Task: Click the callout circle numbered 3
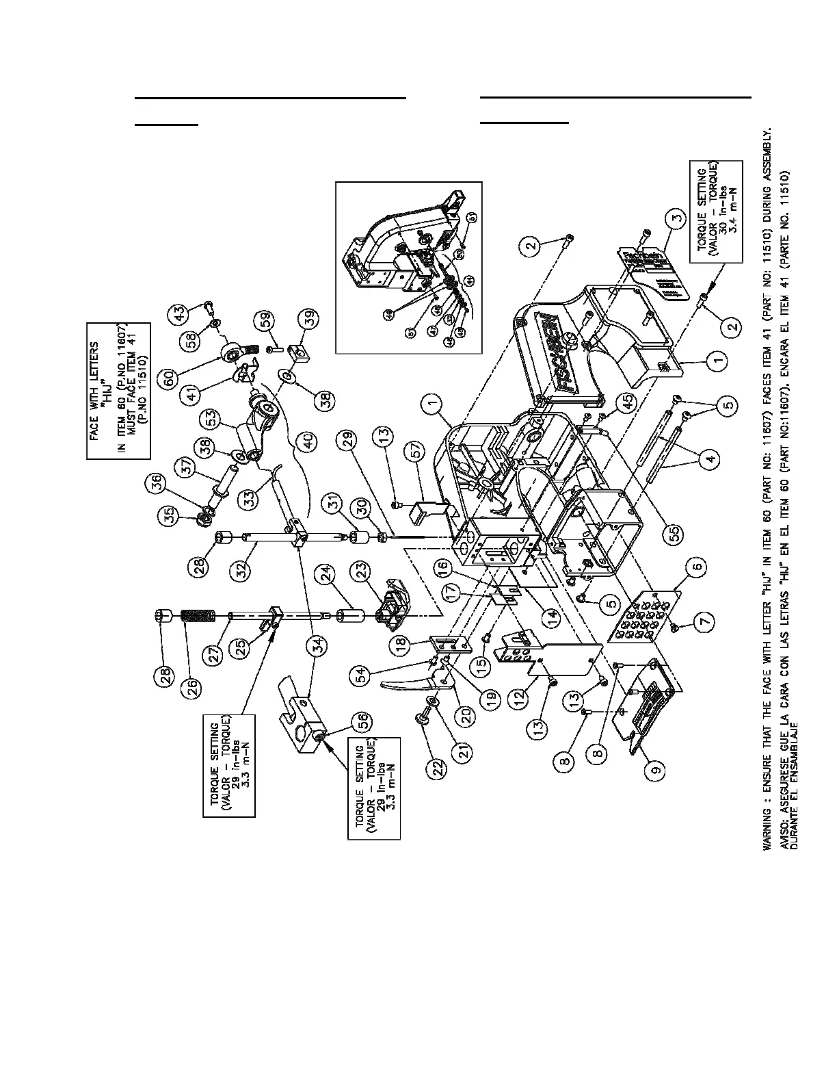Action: coord(676,220)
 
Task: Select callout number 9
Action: coord(656,771)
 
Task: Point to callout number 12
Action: coord(520,697)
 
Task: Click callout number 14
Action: coord(552,612)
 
